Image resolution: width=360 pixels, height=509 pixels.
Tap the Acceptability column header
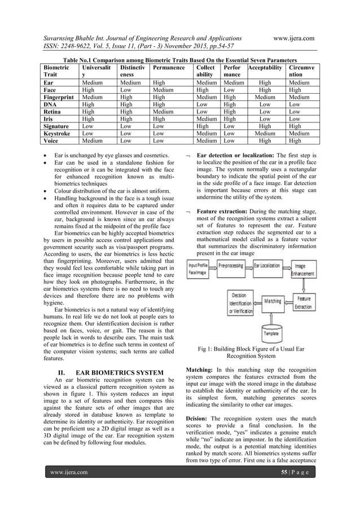265,68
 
